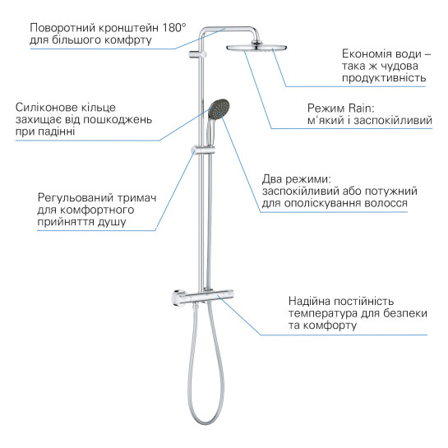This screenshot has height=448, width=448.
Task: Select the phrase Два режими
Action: point(295,178)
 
